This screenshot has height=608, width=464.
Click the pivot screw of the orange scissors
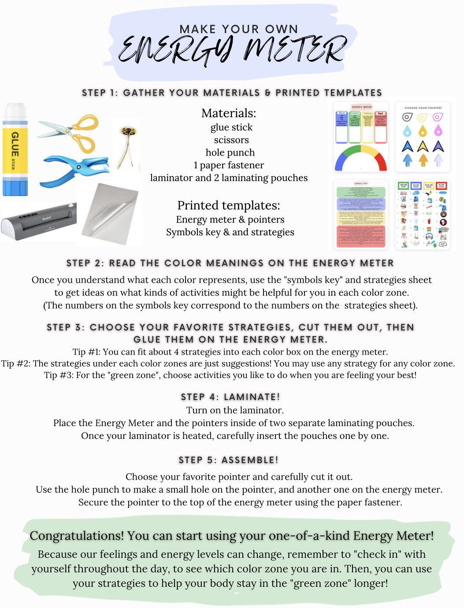(x=68, y=130)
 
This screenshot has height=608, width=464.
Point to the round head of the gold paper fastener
(x=129, y=131)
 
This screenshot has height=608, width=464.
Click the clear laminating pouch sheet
(x=110, y=213)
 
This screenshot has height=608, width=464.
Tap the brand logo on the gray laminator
(x=46, y=218)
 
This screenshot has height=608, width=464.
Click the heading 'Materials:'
(x=228, y=113)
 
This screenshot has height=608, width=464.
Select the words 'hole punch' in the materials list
(x=230, y=152)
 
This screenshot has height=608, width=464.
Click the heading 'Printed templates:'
(x=228, y=205)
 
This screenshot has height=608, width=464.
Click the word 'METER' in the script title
(x=295, y=49)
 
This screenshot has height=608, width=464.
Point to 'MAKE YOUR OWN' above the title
(x=238, y=29)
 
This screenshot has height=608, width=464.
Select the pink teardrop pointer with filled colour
(x=438, y=131)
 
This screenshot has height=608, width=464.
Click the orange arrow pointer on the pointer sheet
(x=423, y=160)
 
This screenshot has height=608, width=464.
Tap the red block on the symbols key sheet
(x=361, y=237)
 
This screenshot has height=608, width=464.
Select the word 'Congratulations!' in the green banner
(x=77, y=536)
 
